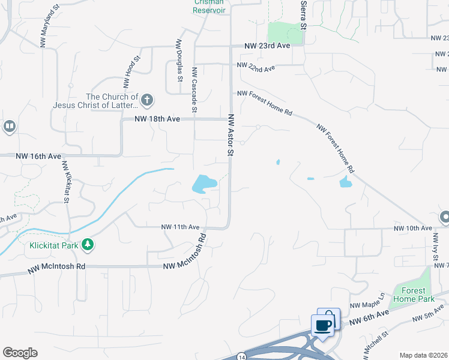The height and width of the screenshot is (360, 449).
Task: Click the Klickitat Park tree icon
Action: (x=88, y=245)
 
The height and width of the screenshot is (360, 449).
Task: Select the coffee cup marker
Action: (x=323, y=325)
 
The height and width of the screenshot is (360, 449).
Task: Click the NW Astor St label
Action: (x=230, y=135)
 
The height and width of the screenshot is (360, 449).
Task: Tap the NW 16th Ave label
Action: (x=38, y=156)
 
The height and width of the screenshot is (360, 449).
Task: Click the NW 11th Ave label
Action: (x=179, y=227)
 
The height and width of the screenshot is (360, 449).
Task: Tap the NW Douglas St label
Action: (x=179, y=60)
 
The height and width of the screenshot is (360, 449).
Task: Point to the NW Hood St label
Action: (x=135, y=69)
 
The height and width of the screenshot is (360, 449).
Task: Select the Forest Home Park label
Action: (x=414, y=295)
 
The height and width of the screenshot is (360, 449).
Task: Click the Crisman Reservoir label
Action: (x=208, y=6)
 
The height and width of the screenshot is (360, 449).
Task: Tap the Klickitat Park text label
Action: (x=53, y=245)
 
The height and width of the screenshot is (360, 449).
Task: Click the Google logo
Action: (x=20, y=353)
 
